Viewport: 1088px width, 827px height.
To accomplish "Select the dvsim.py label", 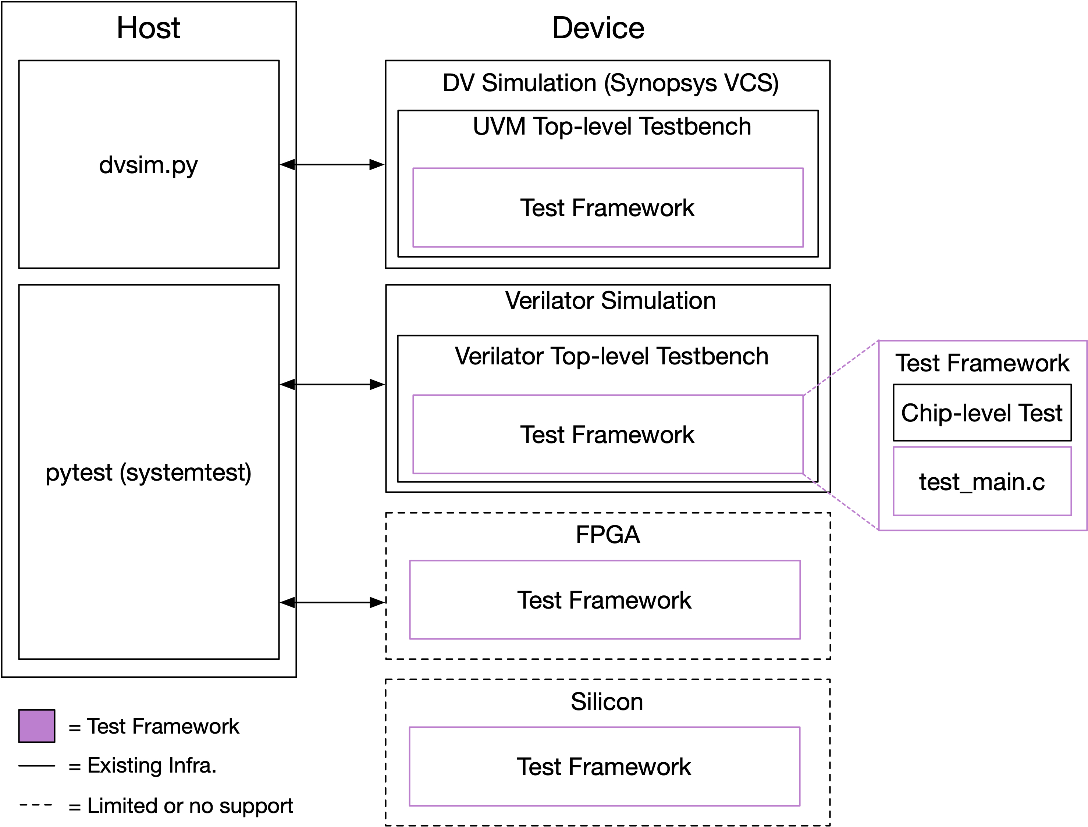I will pyautogui.click(x=148, y=165).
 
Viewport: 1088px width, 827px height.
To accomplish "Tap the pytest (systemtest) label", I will pyautogui.click(x=148, y=473).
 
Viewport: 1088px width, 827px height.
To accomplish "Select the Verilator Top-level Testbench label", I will pyautogui.click(x=611, y=356).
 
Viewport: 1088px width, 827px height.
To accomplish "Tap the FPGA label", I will pyautogui.click(x=608, y=535).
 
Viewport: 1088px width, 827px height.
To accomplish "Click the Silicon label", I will pyautogui.click(x=607, y=702).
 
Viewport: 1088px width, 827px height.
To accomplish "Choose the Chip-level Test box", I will pyautogui.click(x=982, y=413).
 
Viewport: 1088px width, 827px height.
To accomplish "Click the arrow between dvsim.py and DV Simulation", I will pyautogui.click(x=332, y=164).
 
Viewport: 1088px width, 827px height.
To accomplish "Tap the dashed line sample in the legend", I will pyautogui.click(x=36, y=805).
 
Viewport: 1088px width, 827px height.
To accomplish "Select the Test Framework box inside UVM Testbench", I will pyautogui.click(x=608, y=208).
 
